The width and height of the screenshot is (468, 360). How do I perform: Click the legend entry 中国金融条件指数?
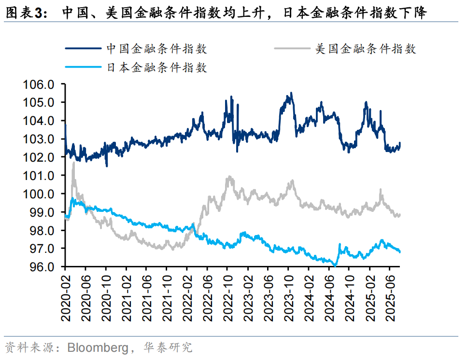point(157,49)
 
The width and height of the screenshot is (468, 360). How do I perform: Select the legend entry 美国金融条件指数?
point(365,49)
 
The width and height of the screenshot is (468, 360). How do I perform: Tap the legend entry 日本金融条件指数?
point(157,68)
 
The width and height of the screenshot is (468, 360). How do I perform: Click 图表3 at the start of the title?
point(24,14)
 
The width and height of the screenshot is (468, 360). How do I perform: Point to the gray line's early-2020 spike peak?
point(73,163)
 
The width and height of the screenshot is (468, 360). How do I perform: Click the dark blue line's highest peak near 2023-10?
point(291,93)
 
